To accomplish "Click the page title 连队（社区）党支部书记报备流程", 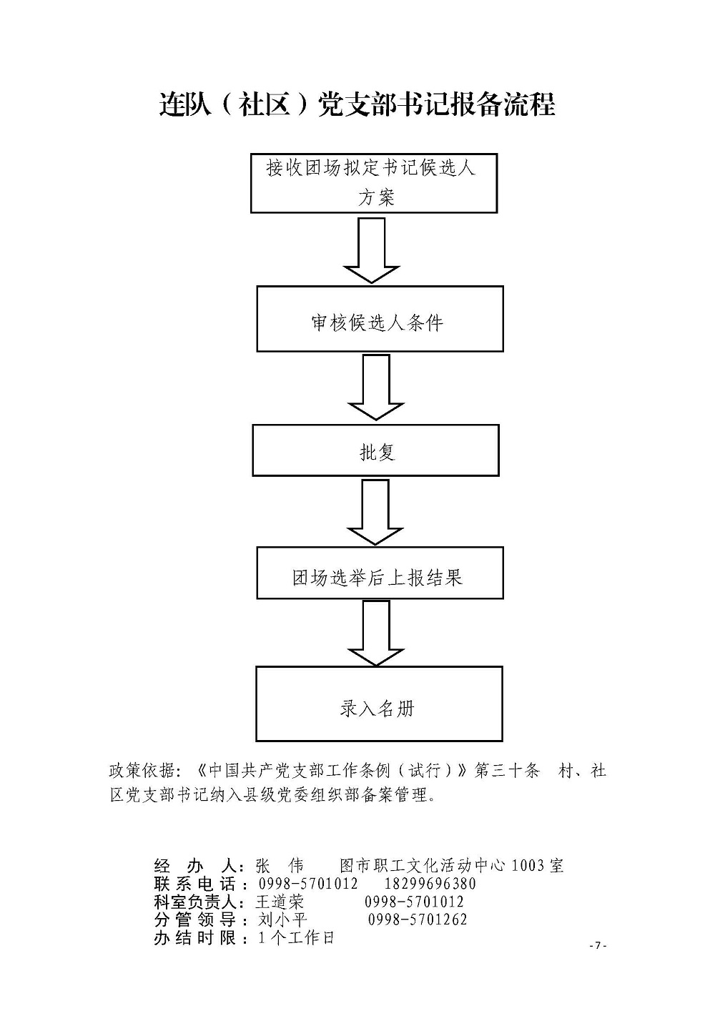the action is (x=357, y=105).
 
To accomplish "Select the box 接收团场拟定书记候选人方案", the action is (x=374, y=183).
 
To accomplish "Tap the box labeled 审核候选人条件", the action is (x=380, y=319).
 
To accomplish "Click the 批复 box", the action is (x=375, y=450).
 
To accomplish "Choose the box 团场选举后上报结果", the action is (x=380, y=573).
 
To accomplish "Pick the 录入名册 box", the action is (x=379, y=704).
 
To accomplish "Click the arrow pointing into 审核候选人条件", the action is (x=372, y=250).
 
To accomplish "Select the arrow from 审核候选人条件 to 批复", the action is (x=376, y=388).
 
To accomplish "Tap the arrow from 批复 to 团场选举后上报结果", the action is (x=375, y=512).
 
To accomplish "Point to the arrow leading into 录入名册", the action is (x=376, y=633).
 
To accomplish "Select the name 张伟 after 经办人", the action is (x=280, y=866).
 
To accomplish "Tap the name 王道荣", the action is (x=280, y=902).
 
